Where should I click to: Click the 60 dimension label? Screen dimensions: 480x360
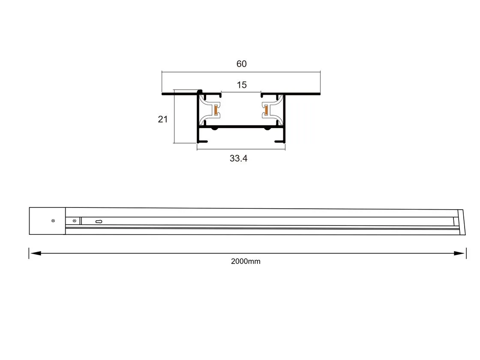tap(242, 64)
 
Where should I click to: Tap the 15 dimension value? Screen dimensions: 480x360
tap(242, 85)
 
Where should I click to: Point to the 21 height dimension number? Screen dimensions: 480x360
tap(163, 119)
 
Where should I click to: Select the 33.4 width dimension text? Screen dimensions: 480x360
tap(238, 158)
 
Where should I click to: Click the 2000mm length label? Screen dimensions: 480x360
tap(246, 261)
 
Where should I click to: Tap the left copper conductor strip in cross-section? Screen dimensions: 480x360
tap(216, 110)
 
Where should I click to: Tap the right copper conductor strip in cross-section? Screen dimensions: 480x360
tap(266, 110)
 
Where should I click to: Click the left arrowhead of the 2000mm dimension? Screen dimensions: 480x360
tap(36, 253)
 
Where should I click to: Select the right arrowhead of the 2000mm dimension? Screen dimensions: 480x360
tap(459, 253)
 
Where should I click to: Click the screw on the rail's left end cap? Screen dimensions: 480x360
tap(53, 221)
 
